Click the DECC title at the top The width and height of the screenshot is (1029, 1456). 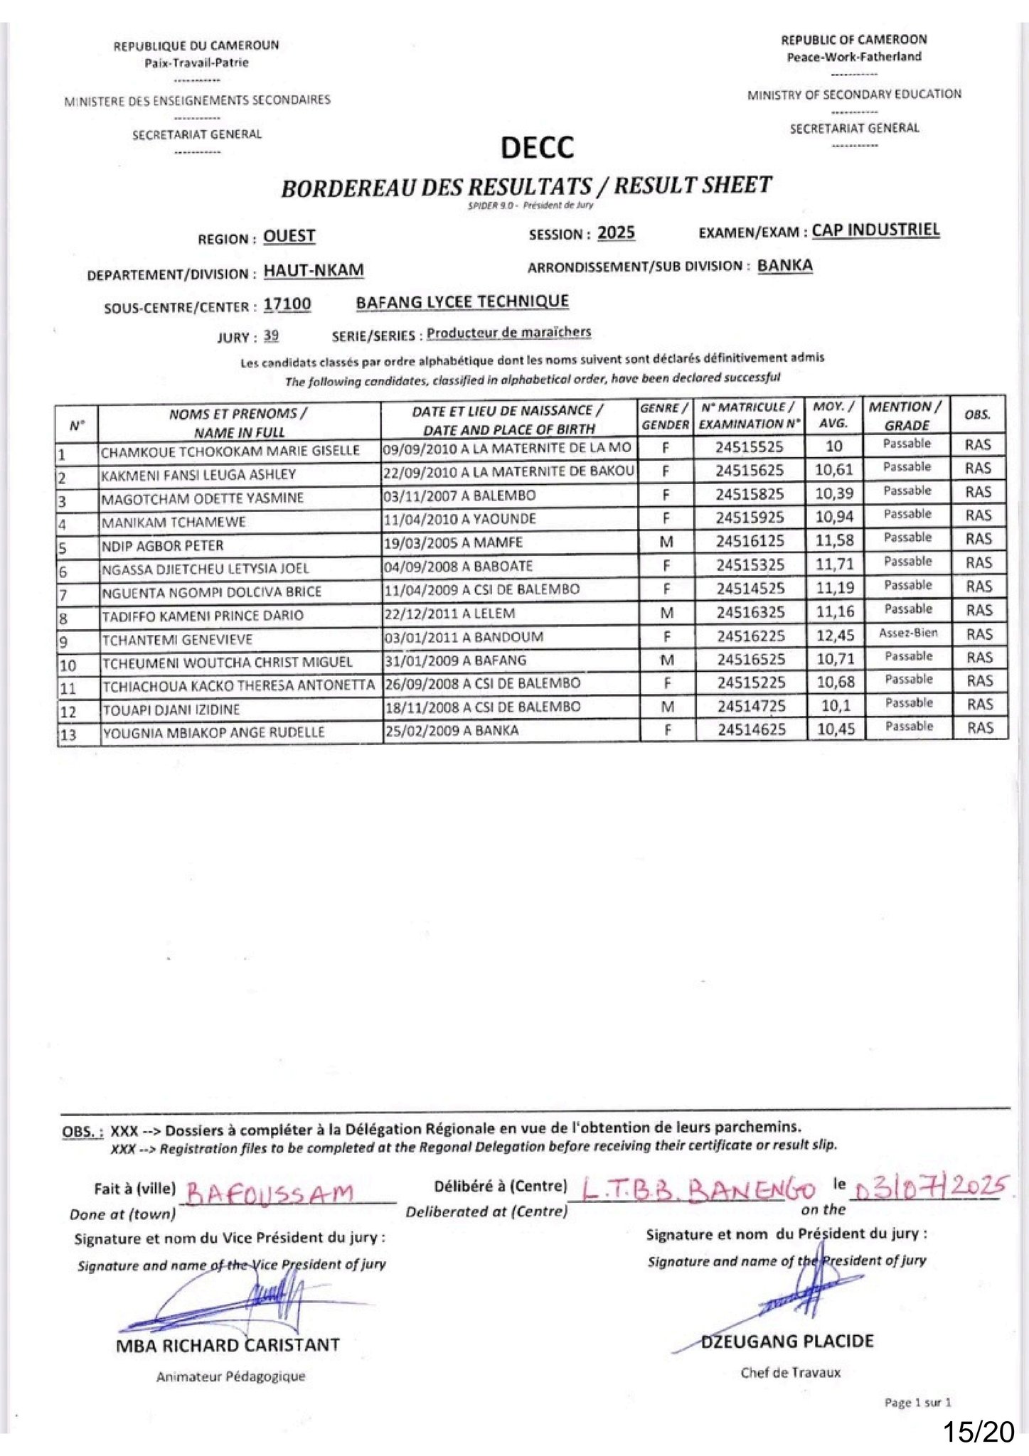tap(537, 148)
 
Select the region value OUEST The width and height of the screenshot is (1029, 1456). tap(289, 236)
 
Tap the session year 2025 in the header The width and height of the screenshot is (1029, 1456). tap(616, 233)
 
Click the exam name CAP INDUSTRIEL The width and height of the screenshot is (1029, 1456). tap(875, 230)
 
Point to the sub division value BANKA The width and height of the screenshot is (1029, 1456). tap(784, 266)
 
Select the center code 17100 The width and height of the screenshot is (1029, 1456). tap(287, 304)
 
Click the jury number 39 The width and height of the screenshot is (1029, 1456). tap(271, 336)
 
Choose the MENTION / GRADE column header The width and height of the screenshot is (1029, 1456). tap(906, 415)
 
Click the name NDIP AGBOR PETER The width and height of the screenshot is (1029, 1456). tap(162, 546)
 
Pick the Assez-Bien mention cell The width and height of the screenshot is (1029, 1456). tap(908, 633)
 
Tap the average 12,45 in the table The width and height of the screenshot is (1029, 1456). tap(834, 635)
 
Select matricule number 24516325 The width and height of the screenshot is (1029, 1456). tap(750, 611)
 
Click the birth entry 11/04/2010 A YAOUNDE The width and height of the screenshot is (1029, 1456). tap(459, 519)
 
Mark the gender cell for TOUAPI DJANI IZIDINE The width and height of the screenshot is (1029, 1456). tap(667, 707)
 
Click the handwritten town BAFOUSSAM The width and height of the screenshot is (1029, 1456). tap(270, 1192)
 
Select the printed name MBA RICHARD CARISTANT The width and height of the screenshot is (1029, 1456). tap(228, 1345)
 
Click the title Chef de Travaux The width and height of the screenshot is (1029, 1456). tap(790, 1372)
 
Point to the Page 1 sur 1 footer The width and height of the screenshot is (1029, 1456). tap(917, 1402)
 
